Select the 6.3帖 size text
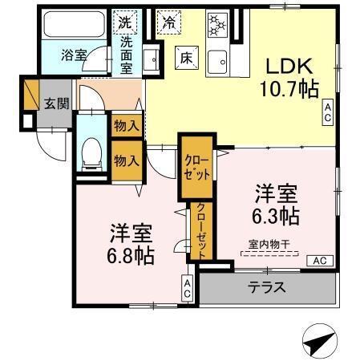277,215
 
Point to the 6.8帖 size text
133,255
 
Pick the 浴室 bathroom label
74,55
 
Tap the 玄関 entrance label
56,105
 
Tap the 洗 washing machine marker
126,20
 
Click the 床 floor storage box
185,57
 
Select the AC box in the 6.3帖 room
320,261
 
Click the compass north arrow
320,342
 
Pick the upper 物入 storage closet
127,125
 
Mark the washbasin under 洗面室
149,58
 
